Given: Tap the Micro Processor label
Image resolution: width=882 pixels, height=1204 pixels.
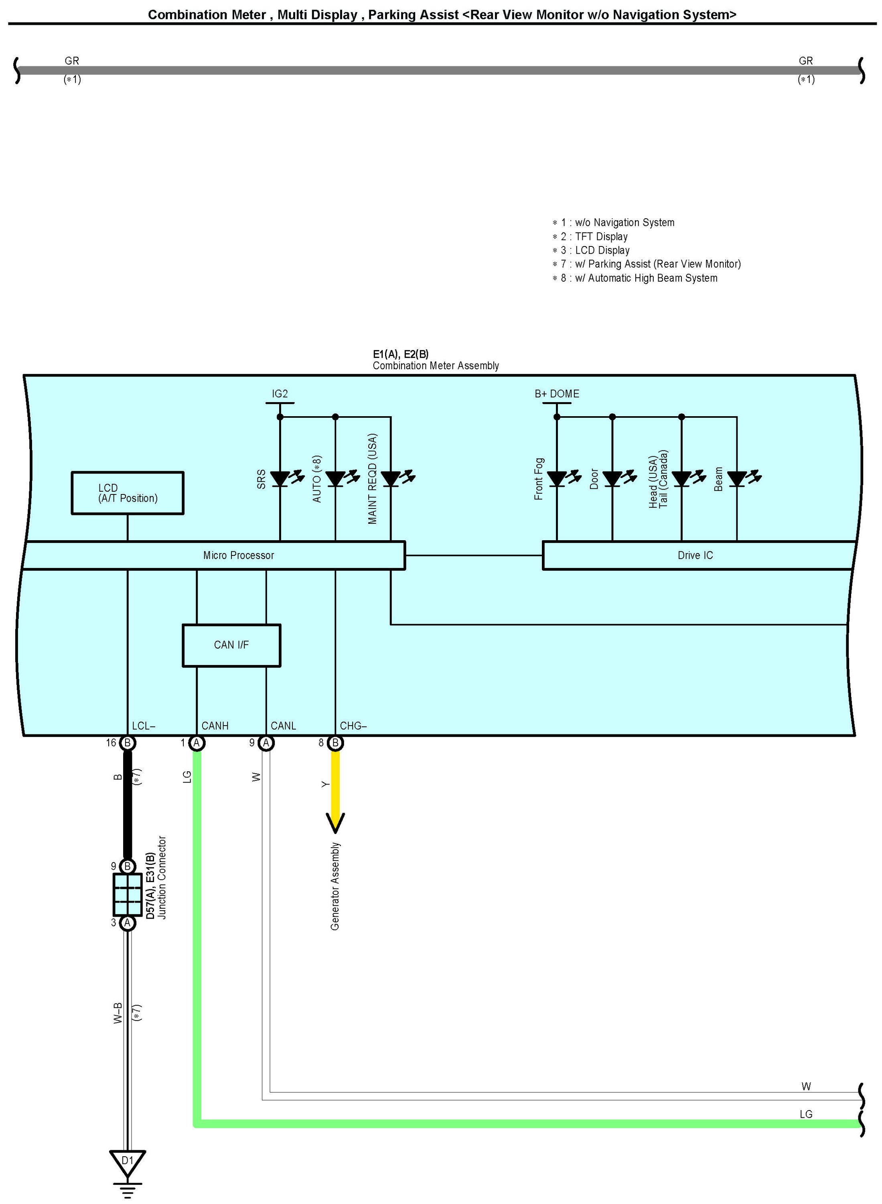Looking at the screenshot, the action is point(239,555).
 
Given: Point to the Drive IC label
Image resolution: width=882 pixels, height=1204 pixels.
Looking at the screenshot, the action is point(695,555).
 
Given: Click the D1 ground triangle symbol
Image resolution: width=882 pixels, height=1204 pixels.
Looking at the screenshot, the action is point(127,1163).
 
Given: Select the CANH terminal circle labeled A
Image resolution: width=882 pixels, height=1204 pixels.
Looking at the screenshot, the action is point(197,743).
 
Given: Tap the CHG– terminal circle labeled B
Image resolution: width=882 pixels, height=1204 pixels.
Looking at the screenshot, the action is point(335,743).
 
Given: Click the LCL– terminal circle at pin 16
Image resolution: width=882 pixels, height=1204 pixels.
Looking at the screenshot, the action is point(127,743).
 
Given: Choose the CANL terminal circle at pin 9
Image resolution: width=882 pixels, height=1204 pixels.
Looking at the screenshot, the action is point(266,743).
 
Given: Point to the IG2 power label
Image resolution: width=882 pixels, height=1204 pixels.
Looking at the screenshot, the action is point(280,394).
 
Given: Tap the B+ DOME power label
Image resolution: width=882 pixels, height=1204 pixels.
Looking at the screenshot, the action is point(557,394).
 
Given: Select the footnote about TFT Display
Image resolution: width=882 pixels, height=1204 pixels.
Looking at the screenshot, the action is point(590,237).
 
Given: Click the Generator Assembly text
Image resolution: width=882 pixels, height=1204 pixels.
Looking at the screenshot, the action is point(335,886).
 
